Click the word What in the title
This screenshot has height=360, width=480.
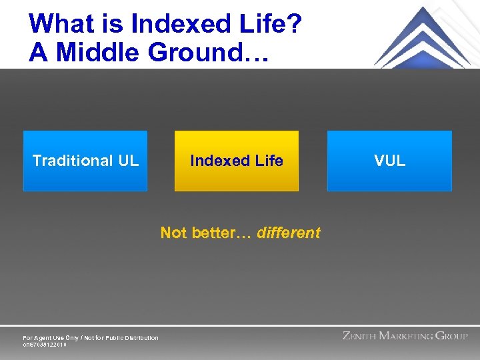point(63,25)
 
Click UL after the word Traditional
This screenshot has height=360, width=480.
point(129,161)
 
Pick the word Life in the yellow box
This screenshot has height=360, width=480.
point(269,161)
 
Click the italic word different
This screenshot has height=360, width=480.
point(289,233)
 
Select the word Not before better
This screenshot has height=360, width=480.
point(173,233)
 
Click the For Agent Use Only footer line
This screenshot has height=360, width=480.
point(91,338)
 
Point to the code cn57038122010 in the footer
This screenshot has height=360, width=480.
point(45,345)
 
